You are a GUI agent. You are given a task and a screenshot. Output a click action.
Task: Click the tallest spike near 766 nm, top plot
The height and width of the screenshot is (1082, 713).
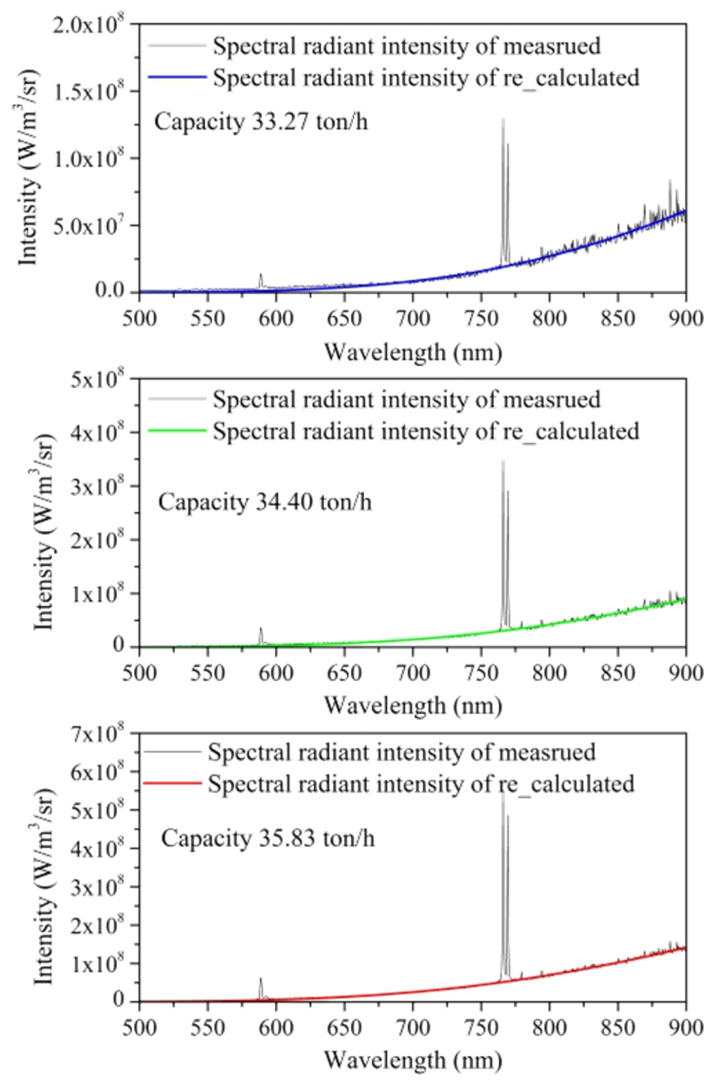tap(502, 121)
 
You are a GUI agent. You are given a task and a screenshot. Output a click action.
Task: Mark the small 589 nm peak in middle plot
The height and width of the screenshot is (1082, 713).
tap(261, 629)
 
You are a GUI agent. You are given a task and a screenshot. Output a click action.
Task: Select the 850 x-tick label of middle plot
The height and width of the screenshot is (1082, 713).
tap(618, 673)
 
